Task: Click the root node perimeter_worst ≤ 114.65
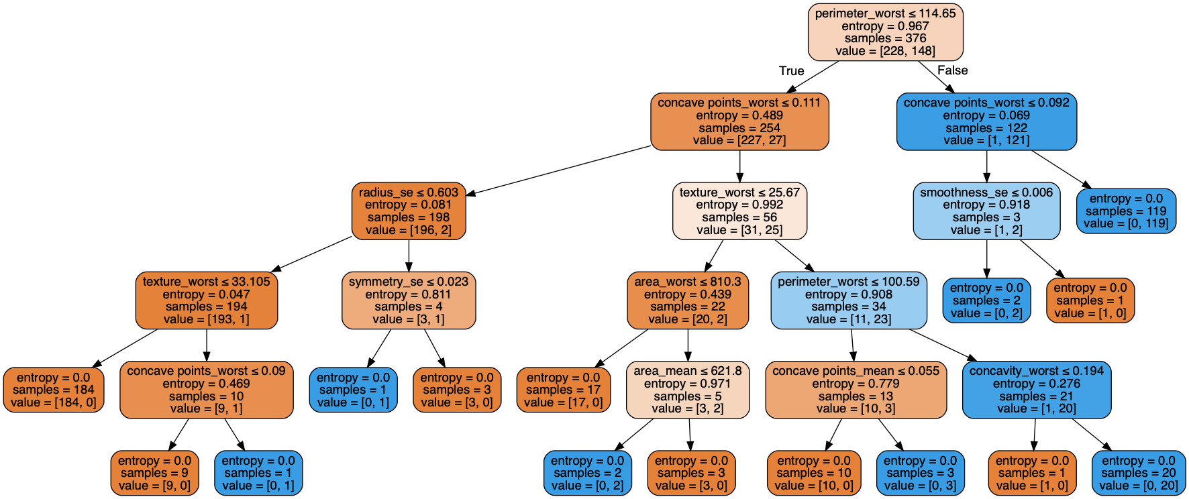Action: click(x=885, y=32)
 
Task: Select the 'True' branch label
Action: click(x=791, y=71)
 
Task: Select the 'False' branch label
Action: click(x=952, y=70)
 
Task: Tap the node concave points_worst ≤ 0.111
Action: click(x=739, y=121)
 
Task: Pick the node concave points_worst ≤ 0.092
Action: click(x=986, y=121)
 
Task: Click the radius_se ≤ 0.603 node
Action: click(x=408, y=211)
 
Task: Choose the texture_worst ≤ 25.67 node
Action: click(x=739, y=211)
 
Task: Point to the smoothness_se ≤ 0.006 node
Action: click(x=986, y=211)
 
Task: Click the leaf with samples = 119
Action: click(x=1126, y=211)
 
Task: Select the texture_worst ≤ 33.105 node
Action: click(x=206, y=300)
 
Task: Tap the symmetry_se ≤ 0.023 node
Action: click(x=408, y=300)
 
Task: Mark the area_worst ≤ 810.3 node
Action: click(x=688, y=300)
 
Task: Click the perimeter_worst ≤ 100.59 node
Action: click(x=848, y=300)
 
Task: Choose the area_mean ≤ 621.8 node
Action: click(x=688, y=390)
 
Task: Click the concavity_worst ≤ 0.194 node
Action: click(x=1036, y=390)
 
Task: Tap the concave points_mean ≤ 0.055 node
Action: click(x=856, y=390)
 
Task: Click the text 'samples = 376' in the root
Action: click(x=885, y=38)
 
